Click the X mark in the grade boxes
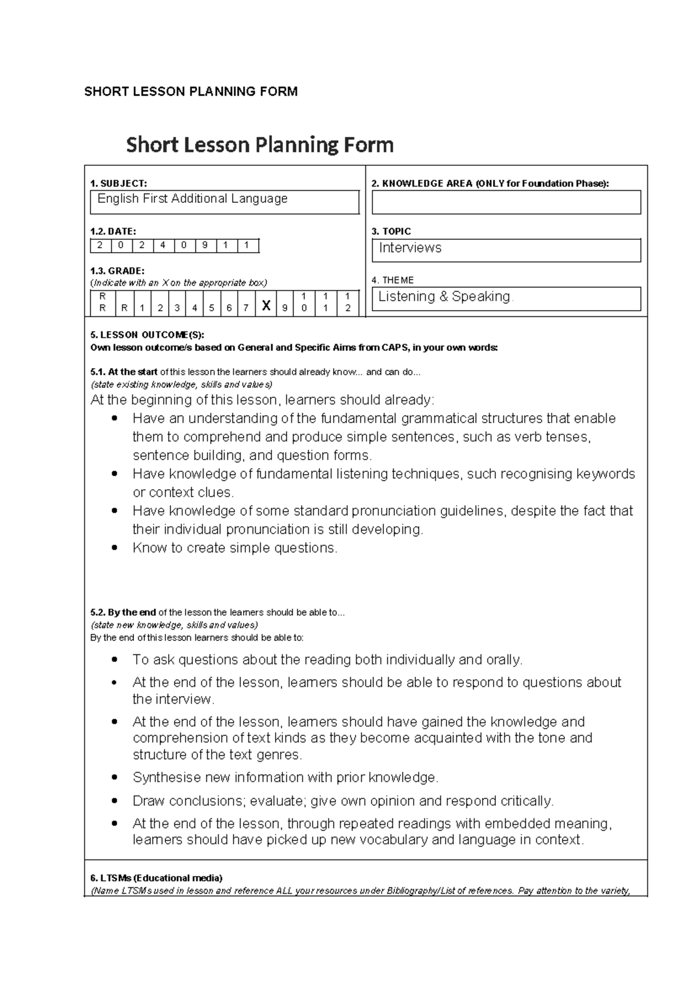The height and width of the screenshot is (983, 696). pos(266,305)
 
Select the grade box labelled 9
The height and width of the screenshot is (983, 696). pos(285,308)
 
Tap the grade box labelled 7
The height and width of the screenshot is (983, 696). pos(246,308)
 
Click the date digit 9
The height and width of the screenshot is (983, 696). pos(205,245)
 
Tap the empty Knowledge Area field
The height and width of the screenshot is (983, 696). pos(506,202)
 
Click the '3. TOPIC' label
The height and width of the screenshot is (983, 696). pos(391,231)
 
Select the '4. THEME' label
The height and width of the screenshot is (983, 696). pos(392,280)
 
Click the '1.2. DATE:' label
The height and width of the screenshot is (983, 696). pos(113,231)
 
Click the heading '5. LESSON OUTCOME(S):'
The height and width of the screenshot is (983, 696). pos(147,335)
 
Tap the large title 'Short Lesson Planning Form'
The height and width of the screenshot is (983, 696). pos(260,144)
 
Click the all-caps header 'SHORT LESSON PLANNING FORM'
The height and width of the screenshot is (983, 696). pos(191,92)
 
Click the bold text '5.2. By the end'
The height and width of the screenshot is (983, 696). pos(123,613)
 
